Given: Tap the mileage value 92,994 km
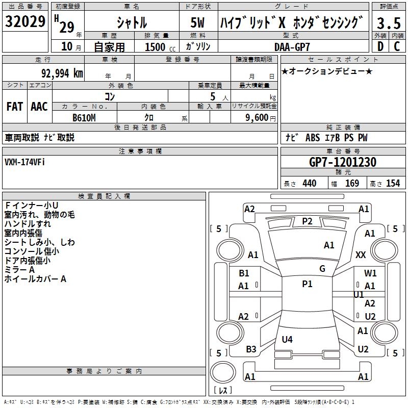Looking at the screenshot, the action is coord(58,73).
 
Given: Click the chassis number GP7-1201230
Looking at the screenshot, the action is coord(343,162).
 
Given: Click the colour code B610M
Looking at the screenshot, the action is coord(84,117).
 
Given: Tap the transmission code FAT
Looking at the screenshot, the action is coord(15,107).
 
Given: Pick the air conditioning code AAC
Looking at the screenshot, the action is coord(39,107).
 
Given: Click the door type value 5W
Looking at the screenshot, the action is coord(197,23).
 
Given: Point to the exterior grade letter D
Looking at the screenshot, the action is coord(380,46).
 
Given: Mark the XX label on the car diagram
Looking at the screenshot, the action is coord(361,254).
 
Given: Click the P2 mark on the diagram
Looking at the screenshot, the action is coord(307,221).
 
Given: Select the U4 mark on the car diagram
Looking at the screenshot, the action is coord(287,339).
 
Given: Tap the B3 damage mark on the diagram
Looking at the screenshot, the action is coord(251,349).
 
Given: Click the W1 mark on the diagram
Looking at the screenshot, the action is coord(370,273).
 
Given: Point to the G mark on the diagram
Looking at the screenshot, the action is coord(322,268).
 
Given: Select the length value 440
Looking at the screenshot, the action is coord(309,184).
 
